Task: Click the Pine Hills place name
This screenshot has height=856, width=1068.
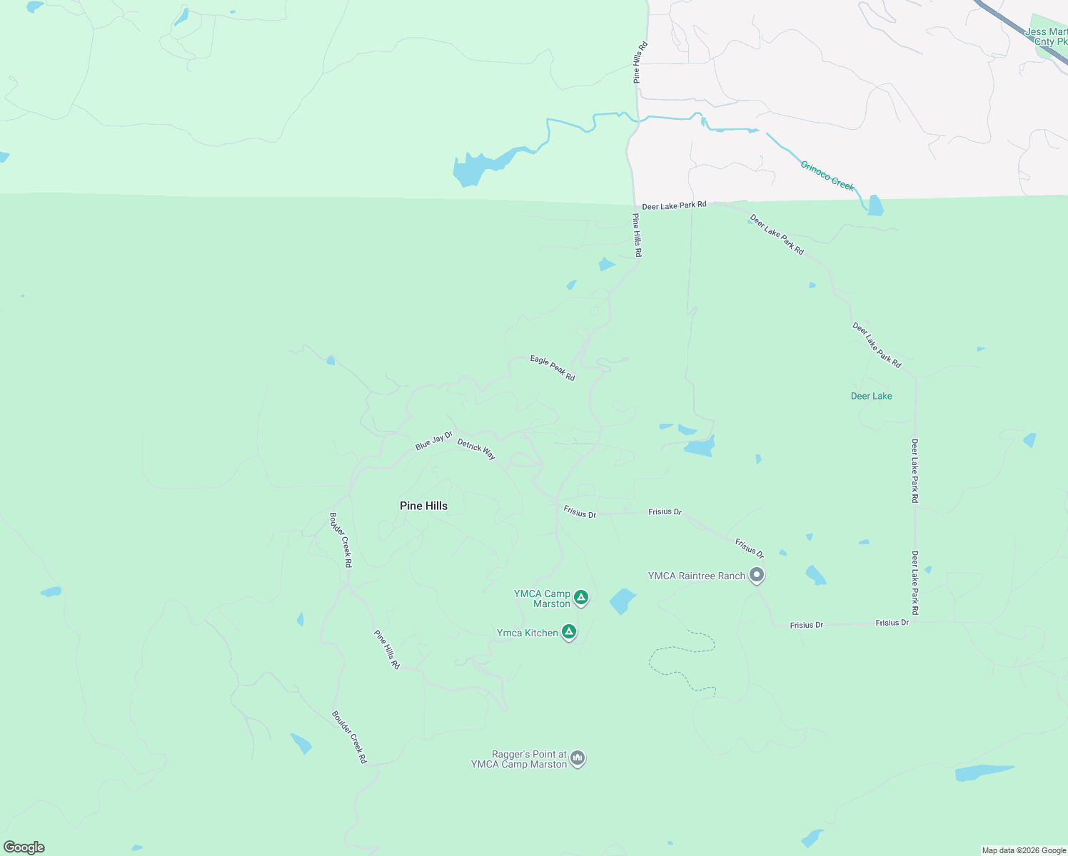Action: (423, 506)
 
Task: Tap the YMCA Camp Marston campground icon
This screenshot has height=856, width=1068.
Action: (581, 597)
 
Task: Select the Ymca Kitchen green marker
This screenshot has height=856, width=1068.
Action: (569, 631)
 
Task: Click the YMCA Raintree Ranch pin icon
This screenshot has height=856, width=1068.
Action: (757, 575)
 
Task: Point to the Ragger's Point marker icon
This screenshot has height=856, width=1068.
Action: (578, 758)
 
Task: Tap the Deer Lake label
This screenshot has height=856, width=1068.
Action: (871, 396)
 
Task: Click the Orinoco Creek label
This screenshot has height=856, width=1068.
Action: (827, 175)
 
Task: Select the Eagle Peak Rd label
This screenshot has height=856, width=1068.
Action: (553, 368)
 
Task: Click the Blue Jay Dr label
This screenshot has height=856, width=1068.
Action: (434, 441)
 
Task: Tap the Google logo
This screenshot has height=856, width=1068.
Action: (24, 847)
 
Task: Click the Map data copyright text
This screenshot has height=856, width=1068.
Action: (1024, 850)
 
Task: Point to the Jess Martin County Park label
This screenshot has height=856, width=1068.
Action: (1047, 36)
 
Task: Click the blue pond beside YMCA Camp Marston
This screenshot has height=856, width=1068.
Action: (623, 601)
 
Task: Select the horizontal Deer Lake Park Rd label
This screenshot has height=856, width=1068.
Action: (674, 205)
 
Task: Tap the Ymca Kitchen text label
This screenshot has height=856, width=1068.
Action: (527, 633)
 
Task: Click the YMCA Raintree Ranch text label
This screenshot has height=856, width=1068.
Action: (696, 576)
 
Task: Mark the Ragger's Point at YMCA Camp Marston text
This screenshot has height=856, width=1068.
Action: (519, 759)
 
